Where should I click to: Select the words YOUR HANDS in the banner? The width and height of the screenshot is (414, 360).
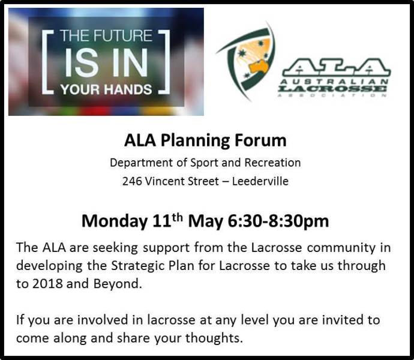[x=106, y=89]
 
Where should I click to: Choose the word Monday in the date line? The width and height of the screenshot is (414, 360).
[x=112, y=221]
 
